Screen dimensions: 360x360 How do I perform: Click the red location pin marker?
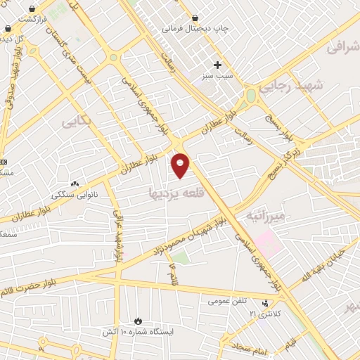coord(181,163)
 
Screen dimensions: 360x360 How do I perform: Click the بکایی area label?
coord(77,121)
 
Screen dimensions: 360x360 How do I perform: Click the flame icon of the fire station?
coord(137,319)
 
